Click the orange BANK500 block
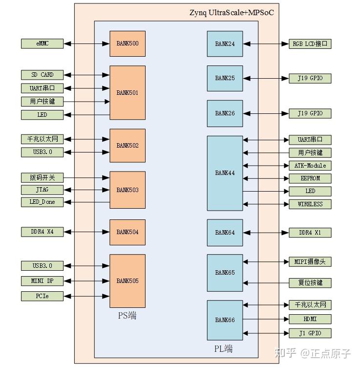coord(127,43)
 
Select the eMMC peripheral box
coord(42,43)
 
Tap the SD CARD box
coord(42,75)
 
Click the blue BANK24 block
coord(225,44)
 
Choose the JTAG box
coord(42,190)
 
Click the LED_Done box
coord(42,202)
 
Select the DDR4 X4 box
coord(42,232)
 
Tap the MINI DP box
coord(42,281)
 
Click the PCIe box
coord(42,296)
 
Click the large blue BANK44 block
coord(225,173)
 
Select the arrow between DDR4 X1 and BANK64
coord(266,233)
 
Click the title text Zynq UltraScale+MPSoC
coord(231,12)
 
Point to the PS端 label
coord(127,316)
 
